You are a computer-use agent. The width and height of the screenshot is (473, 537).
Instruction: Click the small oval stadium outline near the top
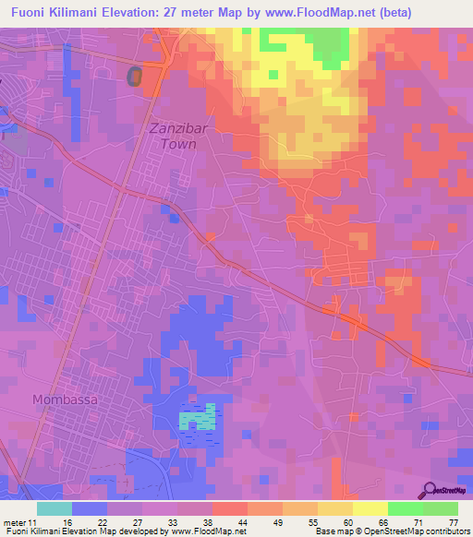pos(136,76)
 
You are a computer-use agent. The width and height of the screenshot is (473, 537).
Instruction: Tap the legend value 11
pos(32,522)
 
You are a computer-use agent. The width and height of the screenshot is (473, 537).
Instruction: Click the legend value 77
pos(454,522)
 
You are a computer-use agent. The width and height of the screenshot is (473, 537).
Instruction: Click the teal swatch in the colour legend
pos(55,508)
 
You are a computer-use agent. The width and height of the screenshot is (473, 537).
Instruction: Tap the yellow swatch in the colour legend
pos(370,508)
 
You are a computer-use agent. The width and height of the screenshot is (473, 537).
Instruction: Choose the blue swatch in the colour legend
pos(90,508)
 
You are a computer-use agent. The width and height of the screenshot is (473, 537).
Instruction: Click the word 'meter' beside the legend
pos(14,522)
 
